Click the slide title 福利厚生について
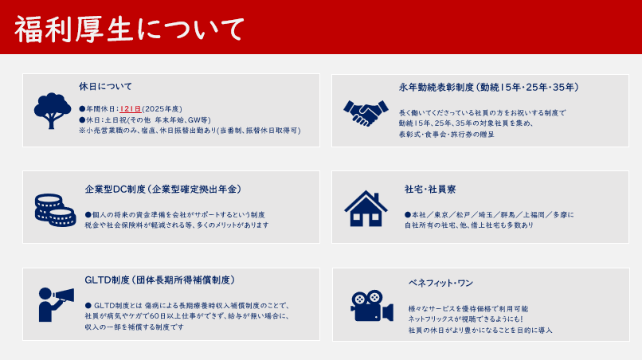[x=129, y=29]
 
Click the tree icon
[x=52, y=111]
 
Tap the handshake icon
[x=366, y=112]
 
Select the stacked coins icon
[x=55, y=210]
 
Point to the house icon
[x=366, y=208]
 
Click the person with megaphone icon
[x=56, y=304]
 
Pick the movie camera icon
[x=372, y=306]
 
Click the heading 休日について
[x=106, y=87]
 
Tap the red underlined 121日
[x=131, y=109]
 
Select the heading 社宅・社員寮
[x=430, y=190]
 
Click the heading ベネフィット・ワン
[x=440, y=283]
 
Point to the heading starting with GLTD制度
[x=160, y=280]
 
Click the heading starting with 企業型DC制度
[x=163, y=190]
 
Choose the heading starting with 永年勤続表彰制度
[x=489, y=88]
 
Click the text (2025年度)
[x=162, y=109]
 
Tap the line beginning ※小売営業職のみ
[x=190, y=131]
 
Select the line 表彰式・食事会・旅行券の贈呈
[x=447, y=135]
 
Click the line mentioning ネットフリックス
[x=465, y=319]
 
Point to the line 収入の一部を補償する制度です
[x=135, y=327]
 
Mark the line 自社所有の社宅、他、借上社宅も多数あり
[x=469, y=225]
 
